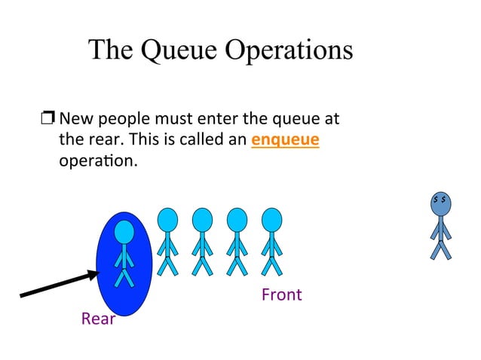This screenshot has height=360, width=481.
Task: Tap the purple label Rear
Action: (98, 319)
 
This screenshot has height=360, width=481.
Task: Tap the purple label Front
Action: (281, 294)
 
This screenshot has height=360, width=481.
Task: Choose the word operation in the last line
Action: (97, 161)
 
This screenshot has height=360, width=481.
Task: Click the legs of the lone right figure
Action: (441, 248)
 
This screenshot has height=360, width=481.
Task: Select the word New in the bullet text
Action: (74, 119)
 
